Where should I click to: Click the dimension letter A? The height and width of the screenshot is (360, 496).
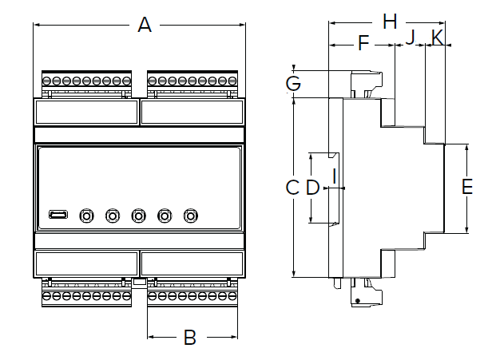145,25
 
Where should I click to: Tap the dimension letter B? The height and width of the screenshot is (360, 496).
190,337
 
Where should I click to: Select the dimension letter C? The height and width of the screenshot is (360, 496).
292,188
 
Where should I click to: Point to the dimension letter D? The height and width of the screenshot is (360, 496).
312,188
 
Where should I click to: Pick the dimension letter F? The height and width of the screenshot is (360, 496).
363,43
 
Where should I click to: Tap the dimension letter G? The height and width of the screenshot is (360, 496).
293,83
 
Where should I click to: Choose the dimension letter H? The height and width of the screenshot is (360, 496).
389,22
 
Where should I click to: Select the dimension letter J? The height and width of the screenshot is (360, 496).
411,37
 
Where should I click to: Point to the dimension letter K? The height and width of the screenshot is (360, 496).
437,37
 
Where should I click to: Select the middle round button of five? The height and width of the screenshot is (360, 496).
139,216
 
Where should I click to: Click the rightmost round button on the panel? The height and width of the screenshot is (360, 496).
191,216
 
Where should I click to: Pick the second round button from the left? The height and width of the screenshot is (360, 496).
113,216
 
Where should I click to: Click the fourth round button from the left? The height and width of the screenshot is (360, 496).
165,216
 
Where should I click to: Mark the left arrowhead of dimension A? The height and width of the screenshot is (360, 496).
36,25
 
